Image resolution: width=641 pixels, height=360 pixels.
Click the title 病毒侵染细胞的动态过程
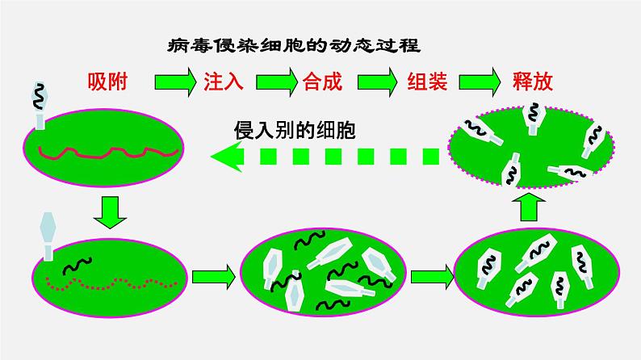[x=294, y=45]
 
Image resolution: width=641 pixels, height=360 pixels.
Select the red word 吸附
[x=107, y=82]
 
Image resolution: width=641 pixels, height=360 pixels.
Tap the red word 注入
[x=223, y=82]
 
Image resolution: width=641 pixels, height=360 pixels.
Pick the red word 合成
[x=323, y=82]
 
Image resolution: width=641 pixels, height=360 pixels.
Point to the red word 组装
[x=427, y=82]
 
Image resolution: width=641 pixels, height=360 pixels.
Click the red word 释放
[x=533, y=82]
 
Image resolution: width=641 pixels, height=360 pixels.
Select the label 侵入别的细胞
[x=295, y=130]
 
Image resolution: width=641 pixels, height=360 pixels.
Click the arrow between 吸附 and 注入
[x=175, y=82]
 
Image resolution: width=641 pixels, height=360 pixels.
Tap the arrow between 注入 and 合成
[x=277, y=82]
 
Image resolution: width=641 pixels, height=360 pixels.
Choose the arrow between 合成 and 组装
[x=377, y=82]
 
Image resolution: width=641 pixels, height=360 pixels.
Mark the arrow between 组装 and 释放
[x=480, y=82]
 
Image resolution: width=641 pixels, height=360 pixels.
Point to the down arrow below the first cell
[x=110, y=212]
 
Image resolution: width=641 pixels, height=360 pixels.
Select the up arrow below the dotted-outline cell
[x=529, y=207]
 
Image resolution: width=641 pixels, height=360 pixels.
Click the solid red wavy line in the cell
[x=107, y=153]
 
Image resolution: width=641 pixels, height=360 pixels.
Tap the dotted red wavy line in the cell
[x=112, y=283]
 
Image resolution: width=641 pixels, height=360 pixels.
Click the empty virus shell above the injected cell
[x=48, y=236]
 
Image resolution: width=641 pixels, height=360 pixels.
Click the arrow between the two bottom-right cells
[x=432, y=277]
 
